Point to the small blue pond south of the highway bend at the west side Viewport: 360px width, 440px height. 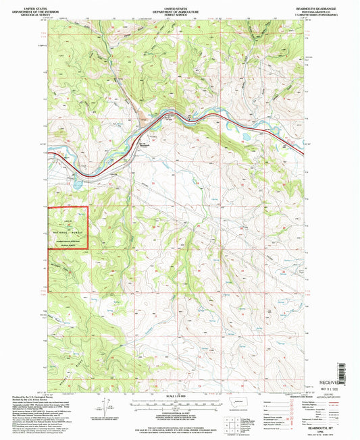pyautogui.click(x=78, y=182)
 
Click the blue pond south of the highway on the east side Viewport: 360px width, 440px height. pyautogui.click(x=244, y=135)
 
